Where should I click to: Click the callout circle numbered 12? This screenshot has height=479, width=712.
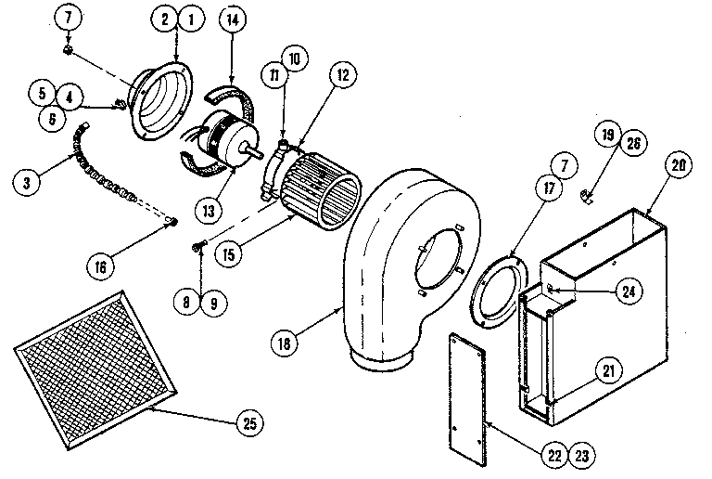(x=342, y=77)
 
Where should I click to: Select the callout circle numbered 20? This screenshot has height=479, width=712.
(x=679, y=167)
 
